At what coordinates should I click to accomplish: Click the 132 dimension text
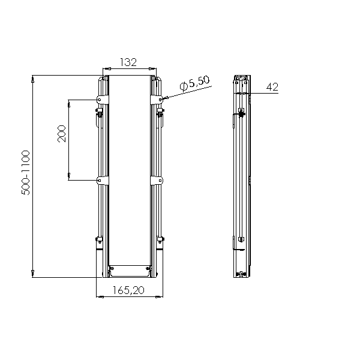click(x=128, y=62)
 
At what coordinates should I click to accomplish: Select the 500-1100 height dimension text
click(x=26, y=173)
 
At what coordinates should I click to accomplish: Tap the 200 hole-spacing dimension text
click(x=62, y=134)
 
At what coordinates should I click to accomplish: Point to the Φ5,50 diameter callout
click(x=194, y=83)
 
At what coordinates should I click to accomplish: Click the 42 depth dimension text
click(x=272, y=87)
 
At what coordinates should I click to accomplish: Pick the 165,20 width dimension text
click(x=128, y=290)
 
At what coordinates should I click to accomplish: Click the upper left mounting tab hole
click(x=100, y=100)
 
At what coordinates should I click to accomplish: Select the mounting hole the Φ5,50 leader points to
click(x=160, y=100)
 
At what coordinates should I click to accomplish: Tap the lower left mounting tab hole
click(x=100, y=181)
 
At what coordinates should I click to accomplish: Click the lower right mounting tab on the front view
click(x=157, y=181)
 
